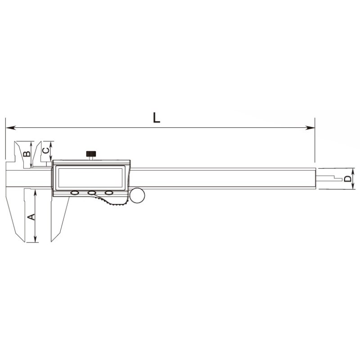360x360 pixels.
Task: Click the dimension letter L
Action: [157, 118]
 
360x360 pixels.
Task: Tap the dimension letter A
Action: [31, 217]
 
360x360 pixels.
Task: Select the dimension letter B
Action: [27, 153]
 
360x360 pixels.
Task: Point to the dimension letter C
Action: [46, 150]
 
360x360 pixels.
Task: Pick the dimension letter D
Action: [348, 179]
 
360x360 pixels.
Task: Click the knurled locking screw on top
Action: [91, 153]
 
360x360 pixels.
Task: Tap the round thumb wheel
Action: [137, 195]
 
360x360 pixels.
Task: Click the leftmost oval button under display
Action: [75, 193]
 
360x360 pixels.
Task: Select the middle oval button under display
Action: [92, 193]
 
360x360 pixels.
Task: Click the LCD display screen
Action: [90, 178]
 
